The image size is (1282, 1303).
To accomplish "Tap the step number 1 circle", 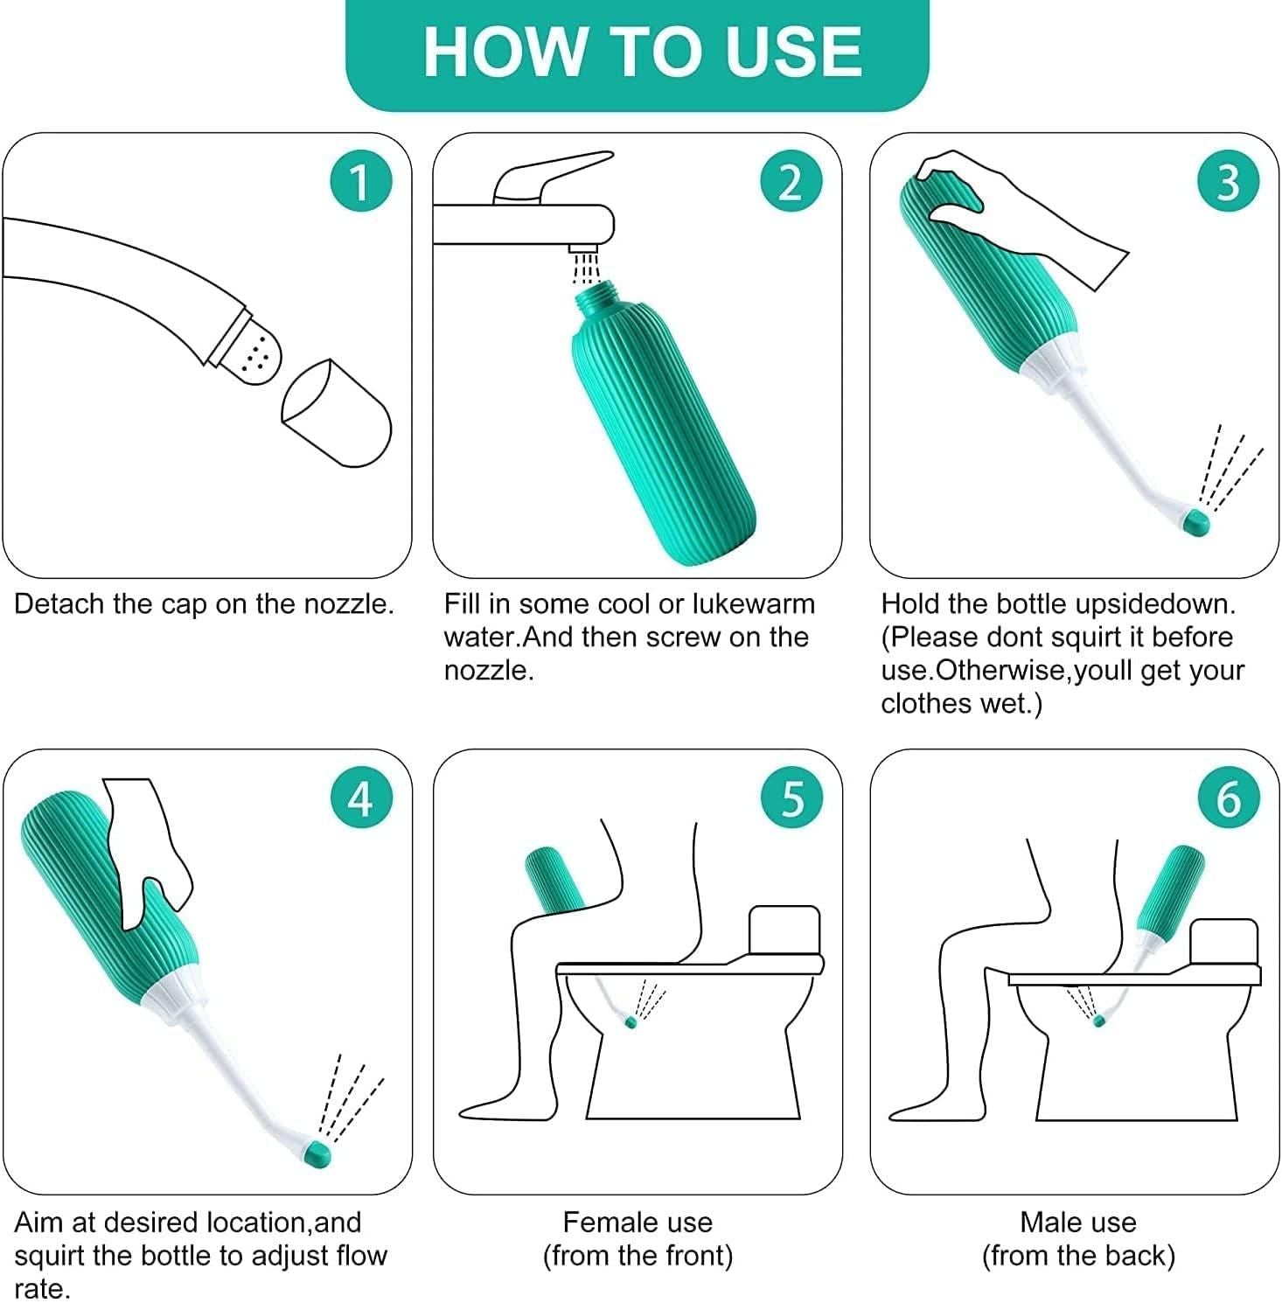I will coord(359,183).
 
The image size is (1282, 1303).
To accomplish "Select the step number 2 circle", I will coord(790,183).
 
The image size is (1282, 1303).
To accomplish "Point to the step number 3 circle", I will coord(1228,183).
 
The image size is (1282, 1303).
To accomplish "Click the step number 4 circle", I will coord(359,798).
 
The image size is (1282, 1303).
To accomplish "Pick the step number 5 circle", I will coord(791,798).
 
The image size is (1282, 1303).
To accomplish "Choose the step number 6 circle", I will coord(1228,798).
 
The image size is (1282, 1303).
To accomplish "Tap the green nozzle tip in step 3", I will coord(1195,523).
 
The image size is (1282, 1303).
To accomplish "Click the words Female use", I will coord(638,1222).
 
